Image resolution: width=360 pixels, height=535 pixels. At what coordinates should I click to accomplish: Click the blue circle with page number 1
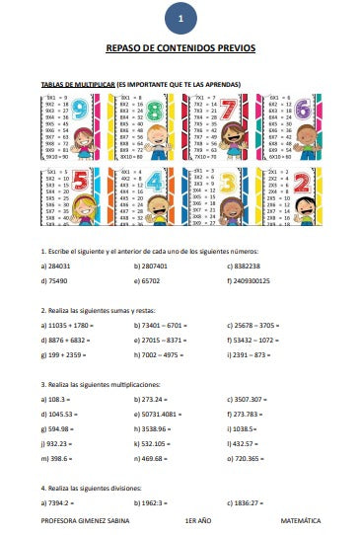pos(180,18)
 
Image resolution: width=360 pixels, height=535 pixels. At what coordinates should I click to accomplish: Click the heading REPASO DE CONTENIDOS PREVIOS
pos(180,47)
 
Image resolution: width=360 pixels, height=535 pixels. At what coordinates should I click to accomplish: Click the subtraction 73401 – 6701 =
pos(163,324)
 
